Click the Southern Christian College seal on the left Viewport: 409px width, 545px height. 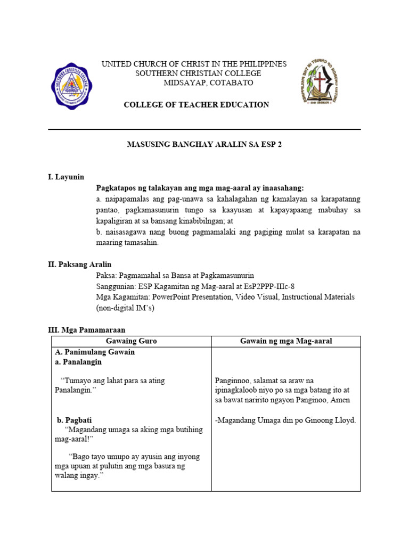click(72, 86)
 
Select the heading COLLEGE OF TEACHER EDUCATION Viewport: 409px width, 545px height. click(197, 105)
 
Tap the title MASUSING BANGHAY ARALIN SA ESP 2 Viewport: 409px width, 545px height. click(203, 145)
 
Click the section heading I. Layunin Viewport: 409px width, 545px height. click(66, 177)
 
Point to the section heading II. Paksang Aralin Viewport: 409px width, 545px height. click(80, 264)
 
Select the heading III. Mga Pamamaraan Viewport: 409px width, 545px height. click(87, 330)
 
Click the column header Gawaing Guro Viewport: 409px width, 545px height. click(132, 341)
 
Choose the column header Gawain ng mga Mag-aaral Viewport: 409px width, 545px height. click(286, 341)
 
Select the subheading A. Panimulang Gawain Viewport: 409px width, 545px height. click(95, 352)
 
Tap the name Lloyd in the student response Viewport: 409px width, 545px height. click(345, 420)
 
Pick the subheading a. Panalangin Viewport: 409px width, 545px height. click(78, 361)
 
